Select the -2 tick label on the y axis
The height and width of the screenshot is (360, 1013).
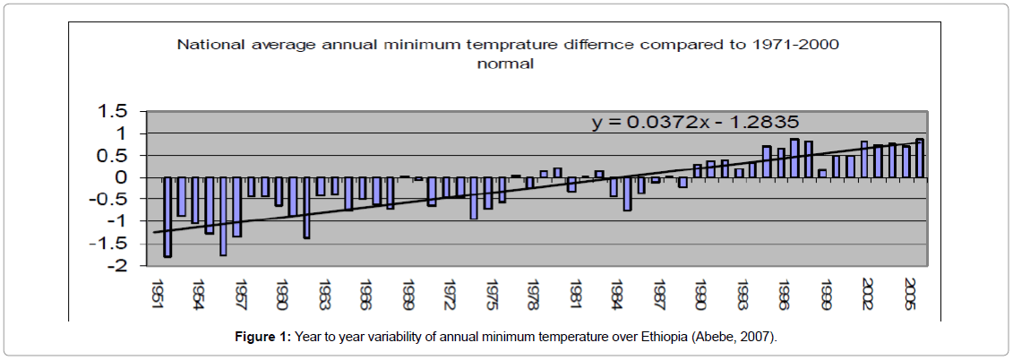click(x=118, y=266)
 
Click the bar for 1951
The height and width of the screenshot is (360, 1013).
click(x=167, y=217)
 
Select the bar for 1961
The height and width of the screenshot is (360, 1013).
click(x=306, y=208)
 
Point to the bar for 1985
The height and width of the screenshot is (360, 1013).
click(x=627, y=193)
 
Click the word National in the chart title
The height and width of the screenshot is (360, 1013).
click(x=208, y=43)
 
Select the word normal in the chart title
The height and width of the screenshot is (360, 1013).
click(x=505, y=64)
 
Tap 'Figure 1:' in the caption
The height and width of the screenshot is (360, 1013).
click(x=262, y=336)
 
